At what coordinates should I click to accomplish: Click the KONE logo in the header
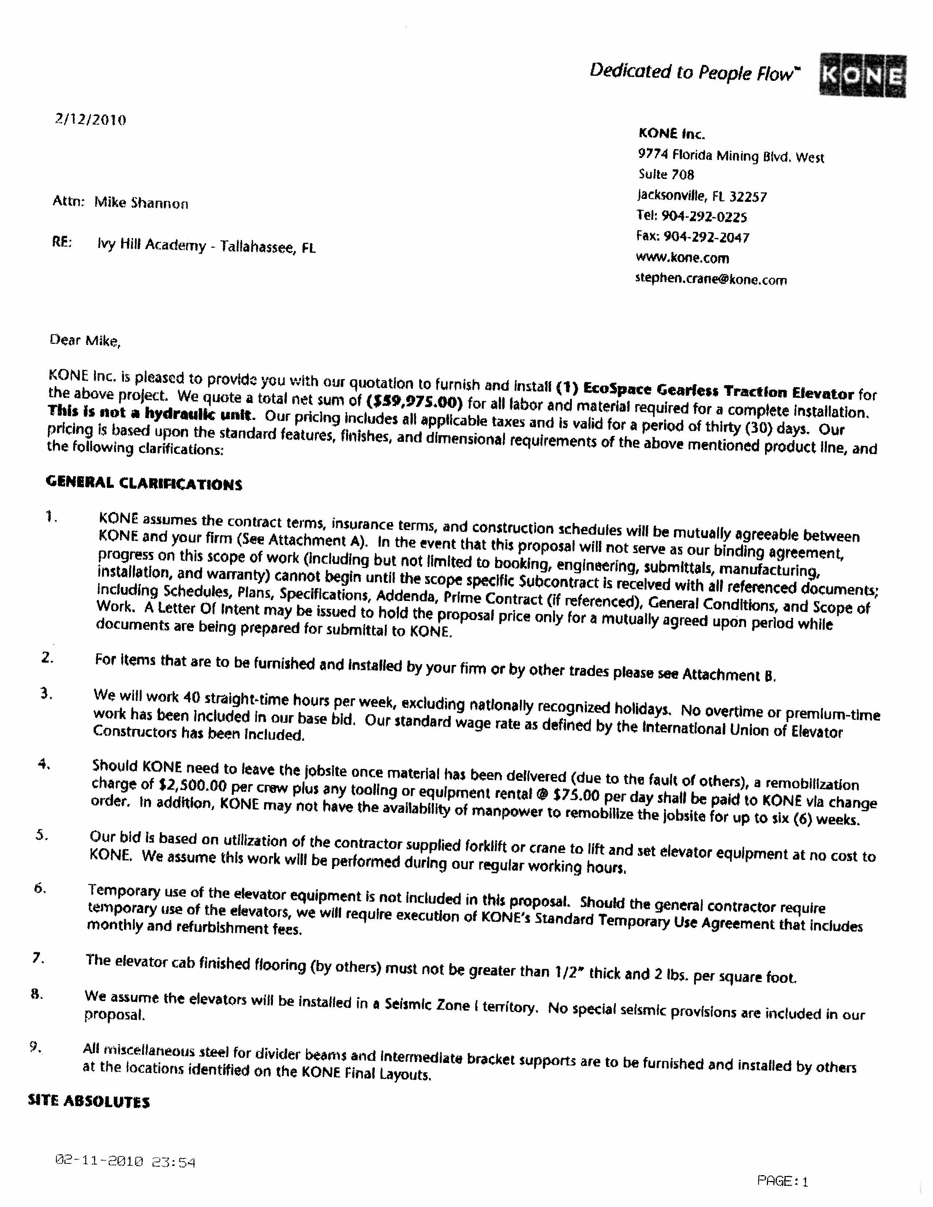(862, 77)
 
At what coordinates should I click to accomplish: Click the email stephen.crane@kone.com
(711, 280)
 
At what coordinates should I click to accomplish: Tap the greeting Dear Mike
(85, 341)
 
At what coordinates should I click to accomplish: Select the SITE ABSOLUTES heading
(89, 1101)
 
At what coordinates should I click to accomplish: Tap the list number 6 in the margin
(39, 889)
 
